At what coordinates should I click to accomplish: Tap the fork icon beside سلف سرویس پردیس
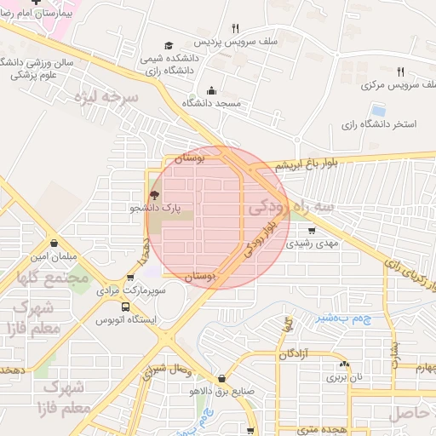(x=235, y=27)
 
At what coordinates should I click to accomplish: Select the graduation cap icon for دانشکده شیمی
(x=169, y=45)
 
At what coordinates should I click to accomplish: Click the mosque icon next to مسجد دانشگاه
(x=211, y=91)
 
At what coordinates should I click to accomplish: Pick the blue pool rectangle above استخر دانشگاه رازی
(x=377, y=110)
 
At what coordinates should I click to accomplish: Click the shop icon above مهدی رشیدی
(x=312, y=230)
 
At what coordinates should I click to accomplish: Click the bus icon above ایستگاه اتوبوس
(x=126, y=307)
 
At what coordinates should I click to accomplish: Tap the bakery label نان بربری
(x=346, y=375)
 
